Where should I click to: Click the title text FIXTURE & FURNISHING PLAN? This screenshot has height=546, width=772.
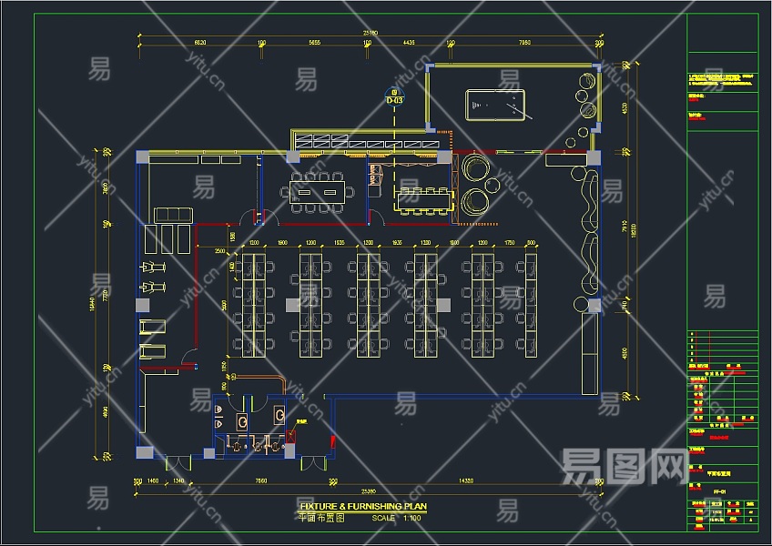pyautogui.click(x=363, y=507)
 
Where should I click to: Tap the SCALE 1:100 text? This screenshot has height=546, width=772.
pyautogui.click(x=396, y=518)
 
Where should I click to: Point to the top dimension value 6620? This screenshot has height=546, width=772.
pyautogui.click(x=200, y=43)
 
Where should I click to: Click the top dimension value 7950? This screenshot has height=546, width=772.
pyautogui.click(x=524, y=43)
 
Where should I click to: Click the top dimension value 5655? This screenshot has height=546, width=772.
pyautogui.click(x=314, y=43)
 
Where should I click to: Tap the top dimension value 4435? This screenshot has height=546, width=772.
pyautogui.click(x=408, y=43)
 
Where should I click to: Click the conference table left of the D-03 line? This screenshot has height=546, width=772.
pyautogui.click(x=318, y=190)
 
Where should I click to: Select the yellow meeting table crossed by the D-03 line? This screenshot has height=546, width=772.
pyautogui.click(x=423, y=199)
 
